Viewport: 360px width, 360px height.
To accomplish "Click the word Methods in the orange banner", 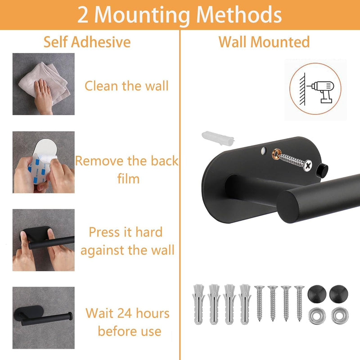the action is point(239,15).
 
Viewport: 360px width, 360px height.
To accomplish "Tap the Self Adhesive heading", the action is point(87,42).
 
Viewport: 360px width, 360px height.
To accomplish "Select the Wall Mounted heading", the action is point(264,42).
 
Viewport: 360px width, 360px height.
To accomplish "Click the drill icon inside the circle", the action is point(320,91).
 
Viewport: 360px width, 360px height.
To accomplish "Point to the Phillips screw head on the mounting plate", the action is point(308,165).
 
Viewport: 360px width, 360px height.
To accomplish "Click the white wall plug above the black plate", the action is point(218,138).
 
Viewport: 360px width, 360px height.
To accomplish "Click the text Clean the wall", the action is point(126,86).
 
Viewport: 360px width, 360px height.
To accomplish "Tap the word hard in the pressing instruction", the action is point(149,232).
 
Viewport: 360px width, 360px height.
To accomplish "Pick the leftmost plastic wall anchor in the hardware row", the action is point(198,304).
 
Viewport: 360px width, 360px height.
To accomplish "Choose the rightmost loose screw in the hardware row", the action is point(299,303).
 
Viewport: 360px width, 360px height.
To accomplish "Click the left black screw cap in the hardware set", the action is point(317,294).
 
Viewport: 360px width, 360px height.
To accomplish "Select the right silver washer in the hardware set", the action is point(340,316).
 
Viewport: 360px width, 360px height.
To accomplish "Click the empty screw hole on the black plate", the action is point(264,151).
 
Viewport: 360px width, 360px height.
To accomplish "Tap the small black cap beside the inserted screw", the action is point(322,169).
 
